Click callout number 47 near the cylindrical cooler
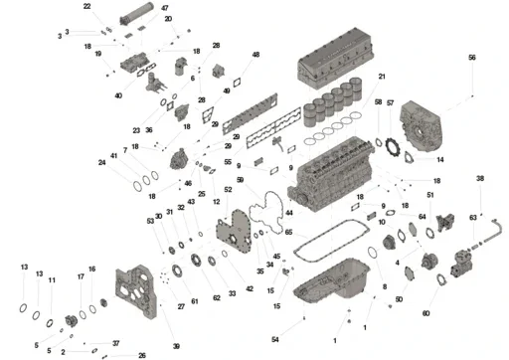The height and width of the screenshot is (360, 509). (165, 9)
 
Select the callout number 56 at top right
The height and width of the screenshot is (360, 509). (472, 58)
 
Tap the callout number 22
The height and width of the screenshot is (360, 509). (87, 7)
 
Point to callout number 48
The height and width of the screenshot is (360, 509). (255, 55)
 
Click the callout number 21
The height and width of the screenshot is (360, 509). (382, 77)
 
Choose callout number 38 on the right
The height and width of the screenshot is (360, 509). (480, 179)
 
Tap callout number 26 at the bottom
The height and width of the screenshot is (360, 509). (142, 355)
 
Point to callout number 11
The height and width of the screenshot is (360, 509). (52, 281)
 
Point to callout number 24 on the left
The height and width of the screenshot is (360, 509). (101, 162)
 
